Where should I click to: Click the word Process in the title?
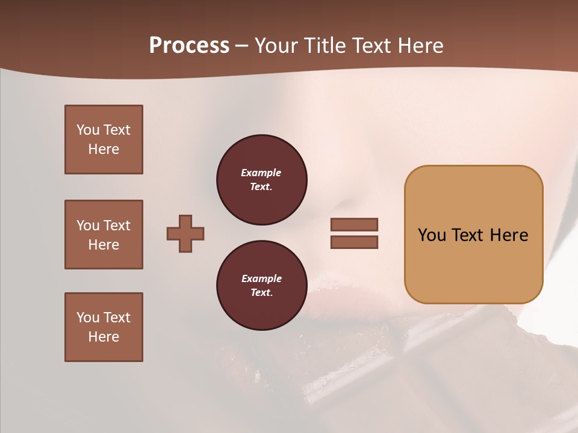pyautogui.click(x=189, y=46)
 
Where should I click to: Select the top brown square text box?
pyautogui.click(x=104, y=140)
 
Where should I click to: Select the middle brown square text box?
pyautogui.click(x=104, y=235)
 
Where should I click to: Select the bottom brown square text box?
pyautogui.click(x=104, y=327)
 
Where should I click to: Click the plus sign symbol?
pyautogui.click(x=185, y=233)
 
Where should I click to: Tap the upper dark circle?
pyautogui.click(x=261, y=180)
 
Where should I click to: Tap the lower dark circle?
pyautogui.click(x=261, y=286)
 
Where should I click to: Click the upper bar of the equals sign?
pyautogui.click(x=354, y=225)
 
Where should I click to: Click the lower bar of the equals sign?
pyautogui.click(x=354, y=242)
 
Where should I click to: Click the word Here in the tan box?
pyautogui.click(x=509, y=235)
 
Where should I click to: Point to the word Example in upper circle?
pyautogui.click(x=261, y=173)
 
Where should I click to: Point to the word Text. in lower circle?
pyautogui.click(x=261, y=293)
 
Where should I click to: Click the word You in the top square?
pyautogui.click(x=87, y=130)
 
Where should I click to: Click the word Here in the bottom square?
pyautogui.click(x=104, y=337)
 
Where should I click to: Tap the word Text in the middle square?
pyautogui.click(x=116, y=226)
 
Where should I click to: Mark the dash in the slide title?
pyautogui.click(x=241, y=46)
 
